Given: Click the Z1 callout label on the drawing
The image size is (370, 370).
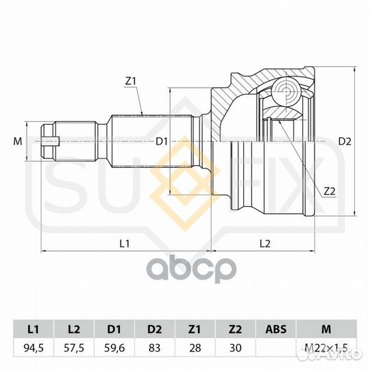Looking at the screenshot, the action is (x=131, y=82).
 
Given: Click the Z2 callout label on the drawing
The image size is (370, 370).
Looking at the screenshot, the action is (x=330, y=191).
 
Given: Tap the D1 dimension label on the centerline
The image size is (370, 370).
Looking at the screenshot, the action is (x=162, y=142).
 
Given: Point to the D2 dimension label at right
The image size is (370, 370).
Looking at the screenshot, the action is (x=345, y=142).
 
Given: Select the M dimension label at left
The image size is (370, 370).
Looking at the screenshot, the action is (x=17, y=142).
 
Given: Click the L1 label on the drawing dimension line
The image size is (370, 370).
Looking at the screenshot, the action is (x=125, y=243).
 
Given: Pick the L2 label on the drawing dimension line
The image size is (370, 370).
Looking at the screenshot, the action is (x=264, y=243).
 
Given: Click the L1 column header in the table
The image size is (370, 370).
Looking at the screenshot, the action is (x=34, y=329).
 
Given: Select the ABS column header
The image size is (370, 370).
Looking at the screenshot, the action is (x=276, y=329).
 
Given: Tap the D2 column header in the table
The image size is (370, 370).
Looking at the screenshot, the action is (x=155, y=329).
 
